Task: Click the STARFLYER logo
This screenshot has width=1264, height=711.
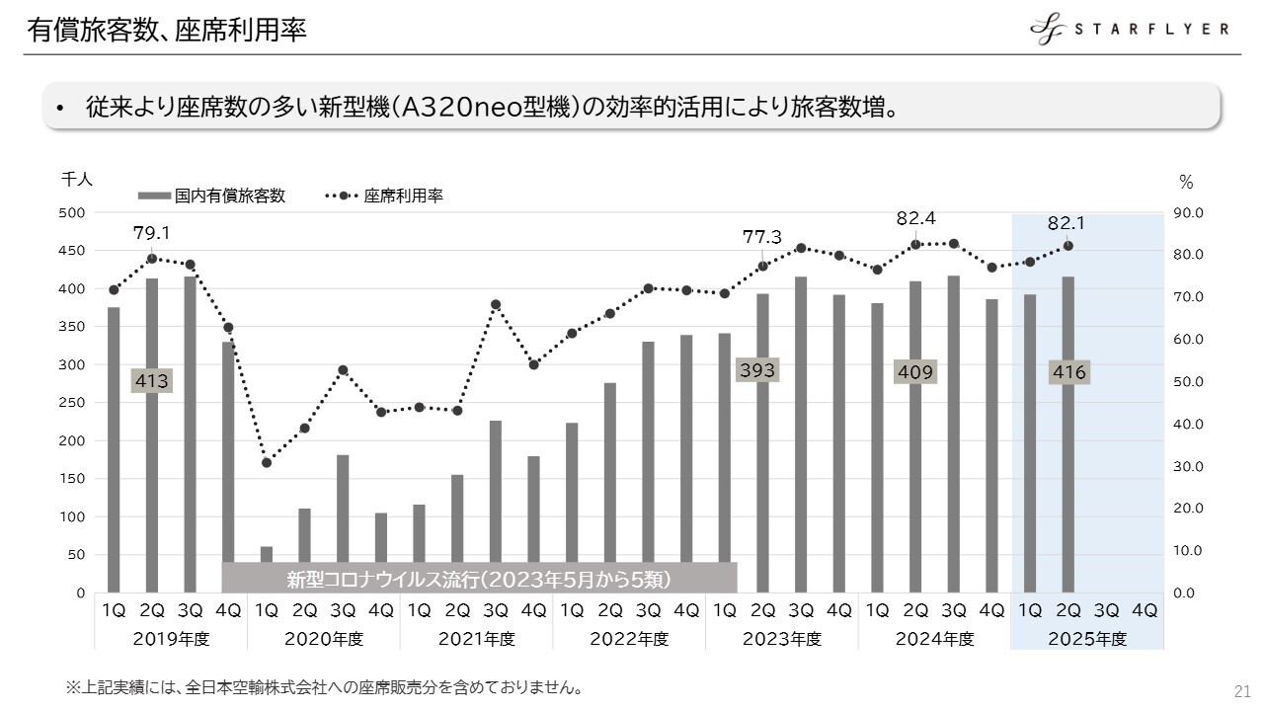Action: pos(1130,30)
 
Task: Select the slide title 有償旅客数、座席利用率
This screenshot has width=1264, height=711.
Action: pos(167,31)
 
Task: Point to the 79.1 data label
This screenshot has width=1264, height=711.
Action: pos(152,233)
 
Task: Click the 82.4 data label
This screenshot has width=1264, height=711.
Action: pos(915,217)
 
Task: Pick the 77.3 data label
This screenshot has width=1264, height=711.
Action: pos(761,237)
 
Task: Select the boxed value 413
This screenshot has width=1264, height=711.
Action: pos(152,381)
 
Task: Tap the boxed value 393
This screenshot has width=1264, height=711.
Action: pos(758,370)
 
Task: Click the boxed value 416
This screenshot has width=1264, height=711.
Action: pos(1068,372)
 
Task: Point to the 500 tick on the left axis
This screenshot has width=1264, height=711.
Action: pos(75,213)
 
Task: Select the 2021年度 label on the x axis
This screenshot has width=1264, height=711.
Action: pos(476,639)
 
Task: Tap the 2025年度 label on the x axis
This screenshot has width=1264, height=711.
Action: pos(1087,639)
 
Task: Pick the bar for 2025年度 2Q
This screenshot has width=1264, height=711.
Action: pos(1068,434)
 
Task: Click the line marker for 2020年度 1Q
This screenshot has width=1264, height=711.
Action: pos(267,462)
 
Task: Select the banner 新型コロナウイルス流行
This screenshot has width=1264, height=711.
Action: pos(479,579)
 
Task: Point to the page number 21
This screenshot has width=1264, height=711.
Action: pos(1242,689)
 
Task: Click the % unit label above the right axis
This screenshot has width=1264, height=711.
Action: pos(1186,183)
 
